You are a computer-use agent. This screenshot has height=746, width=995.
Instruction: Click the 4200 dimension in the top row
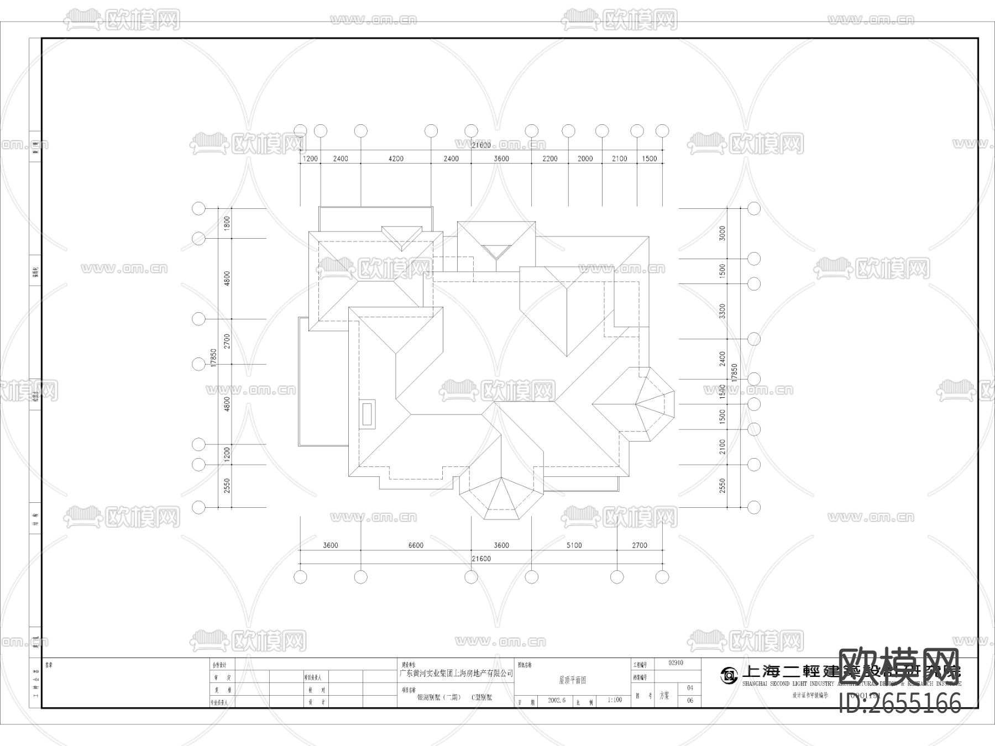pyautogui.click(x=396, y=159)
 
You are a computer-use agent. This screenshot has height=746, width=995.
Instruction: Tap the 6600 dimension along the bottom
pyautogui.click(x=416, y=545)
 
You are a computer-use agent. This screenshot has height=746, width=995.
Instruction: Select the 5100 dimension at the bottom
pyautogui.click(x=574, y=545)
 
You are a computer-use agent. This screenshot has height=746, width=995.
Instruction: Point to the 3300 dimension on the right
pyautogui.click(x=722, y=311)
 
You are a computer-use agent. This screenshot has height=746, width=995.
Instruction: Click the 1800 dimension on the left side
pyautogui.click(x=227, y=224)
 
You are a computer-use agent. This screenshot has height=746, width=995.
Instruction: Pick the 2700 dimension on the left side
pyautogui.click(x=227, y=342)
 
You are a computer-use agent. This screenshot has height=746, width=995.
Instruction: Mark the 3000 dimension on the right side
pyautogui.click(x=722, y=234)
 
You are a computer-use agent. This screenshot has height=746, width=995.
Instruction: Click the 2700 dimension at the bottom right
pyautogui.click(x=639, y=545)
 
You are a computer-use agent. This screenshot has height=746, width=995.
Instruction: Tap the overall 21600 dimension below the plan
pyautogui.click(x=481, y=559)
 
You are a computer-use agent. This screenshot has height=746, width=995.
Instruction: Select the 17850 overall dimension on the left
pyautogui.click(x=214, y=358)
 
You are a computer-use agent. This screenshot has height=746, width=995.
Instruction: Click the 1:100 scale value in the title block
pyautogui.click(x=615, y=700)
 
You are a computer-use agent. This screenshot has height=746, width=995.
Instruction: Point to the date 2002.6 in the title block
pyautogui.click(x=557, y=700)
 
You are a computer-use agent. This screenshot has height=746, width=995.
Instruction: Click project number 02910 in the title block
pyautogui.click(x=675, y=663)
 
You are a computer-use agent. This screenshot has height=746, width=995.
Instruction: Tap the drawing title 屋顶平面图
pyautogui.click(x=572, y=680)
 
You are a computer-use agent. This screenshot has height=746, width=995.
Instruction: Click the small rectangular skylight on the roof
pyautogui.click(x=368, y=413)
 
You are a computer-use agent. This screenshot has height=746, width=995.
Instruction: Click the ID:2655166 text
pyautogui.click(x=900, y=703)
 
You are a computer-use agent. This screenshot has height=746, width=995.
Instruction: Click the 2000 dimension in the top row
pyautogui.click(x=585, y=159)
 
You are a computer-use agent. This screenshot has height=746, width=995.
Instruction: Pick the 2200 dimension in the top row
pyautogui.click(x=549, y=159)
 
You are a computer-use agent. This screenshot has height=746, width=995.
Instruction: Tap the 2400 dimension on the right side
pyautogui.click(x=722, y=359)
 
